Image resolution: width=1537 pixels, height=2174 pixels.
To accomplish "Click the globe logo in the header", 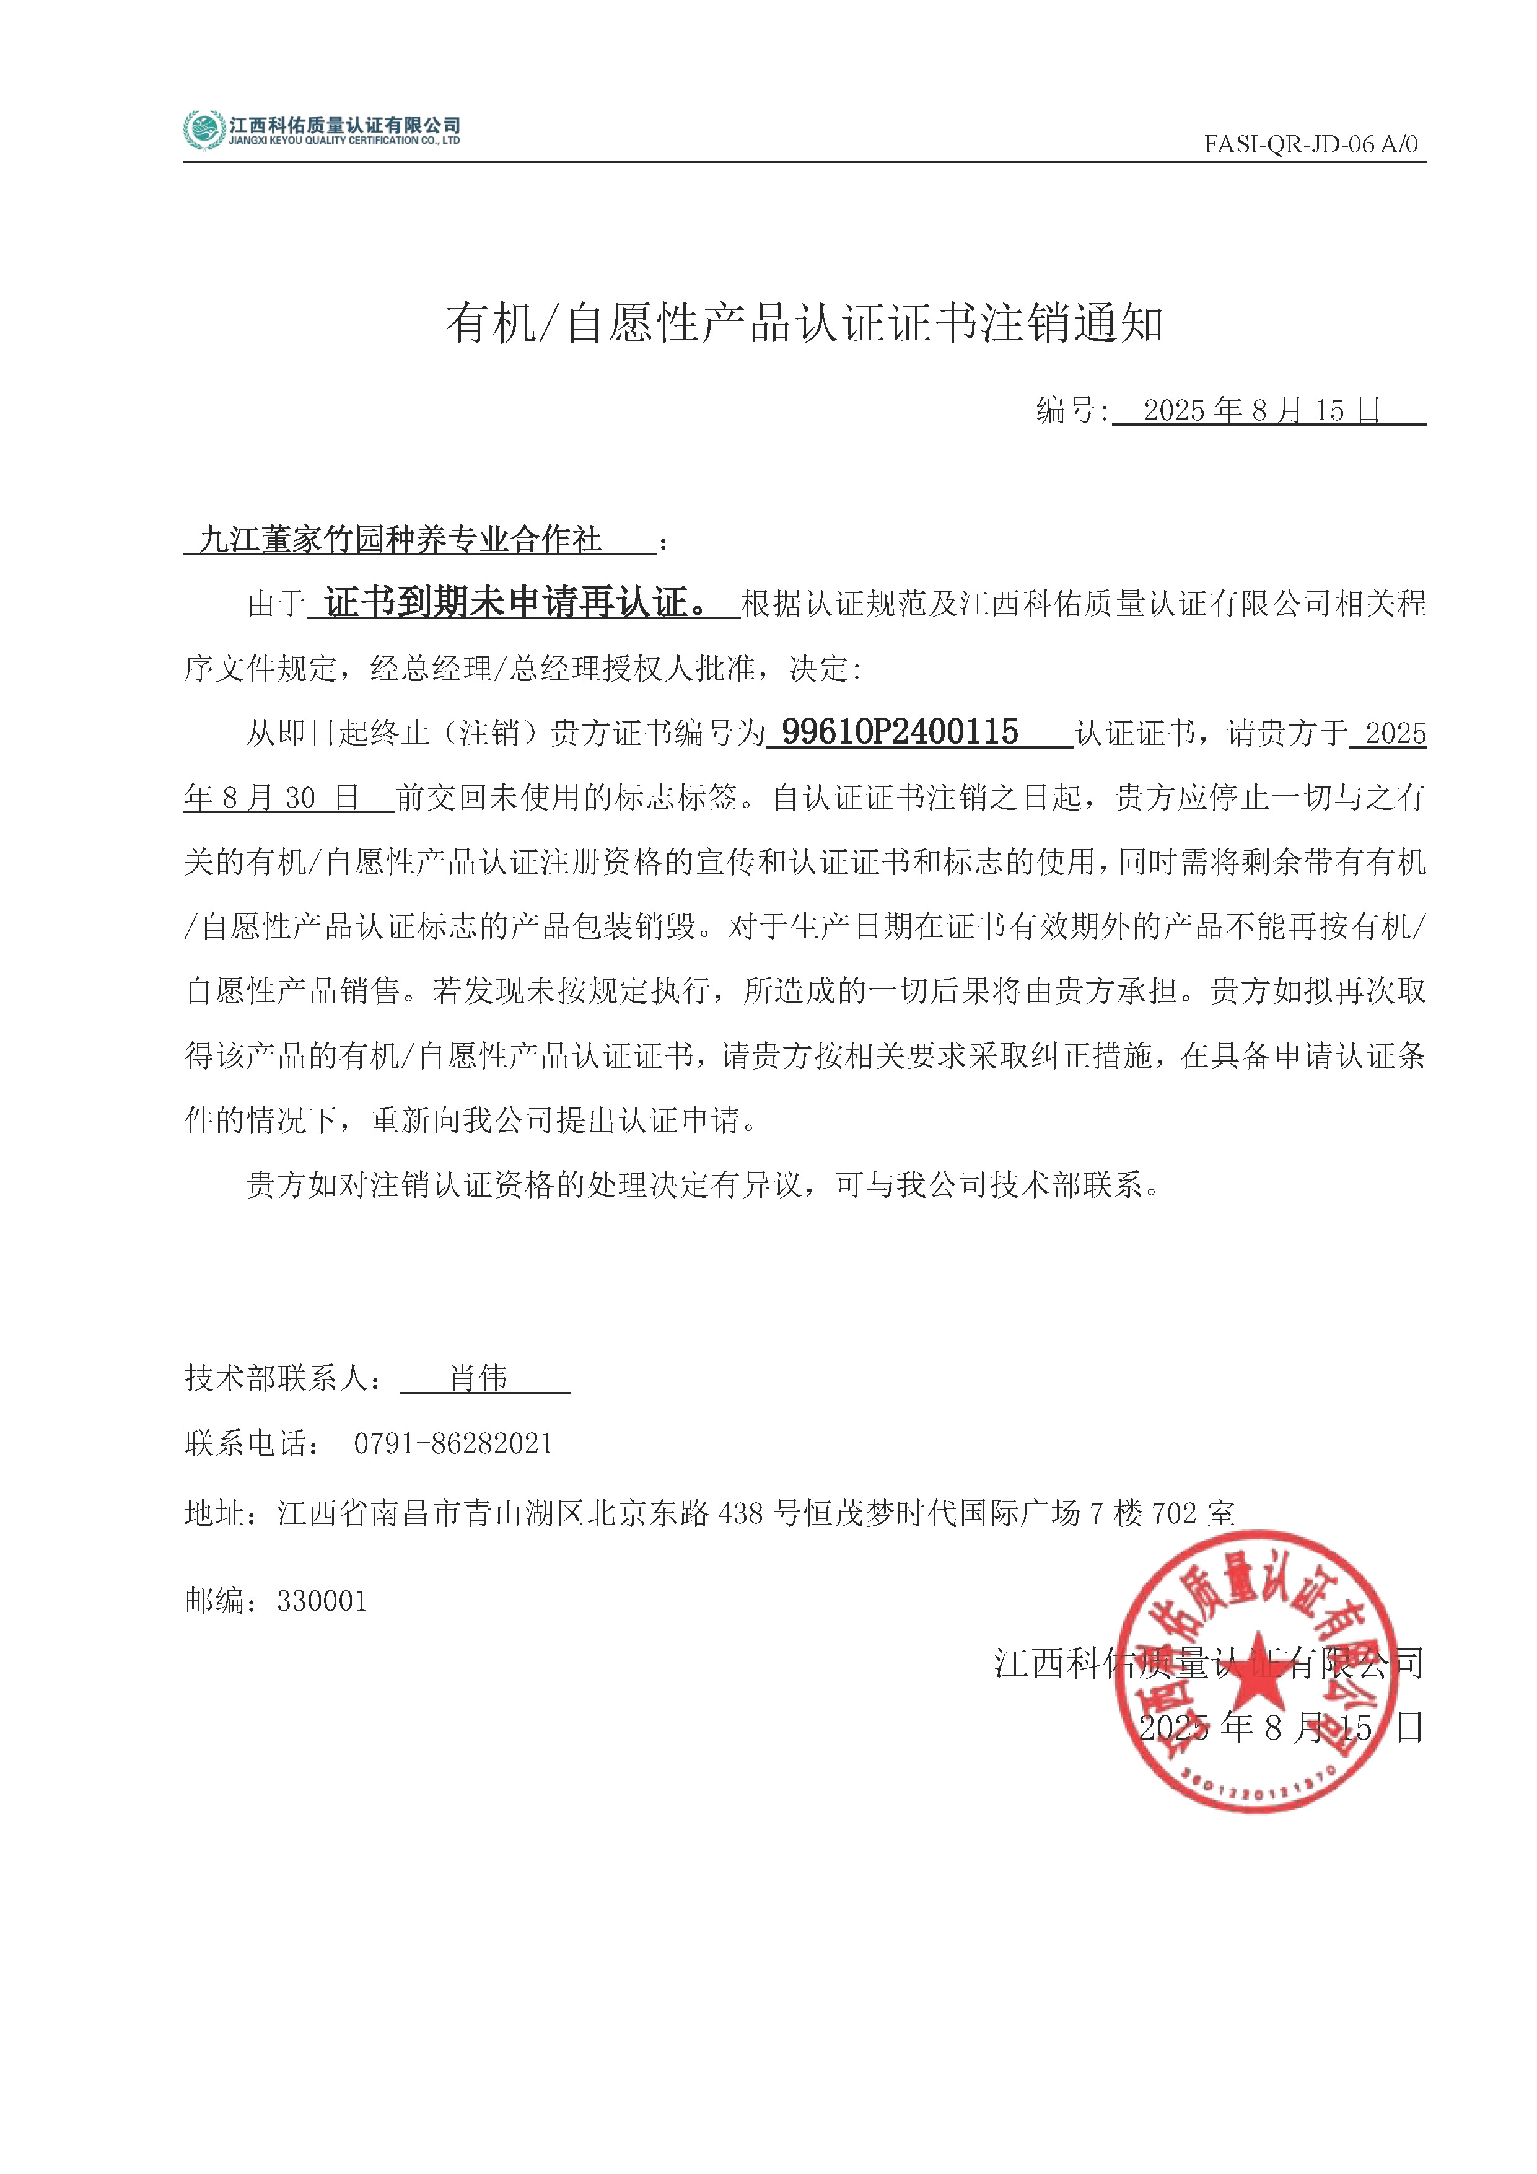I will (x=203, y=130).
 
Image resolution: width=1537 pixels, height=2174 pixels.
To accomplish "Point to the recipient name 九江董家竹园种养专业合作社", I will (x=400, y=540).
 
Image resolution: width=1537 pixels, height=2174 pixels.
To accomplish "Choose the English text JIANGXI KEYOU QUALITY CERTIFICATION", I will (x=344, y=141).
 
